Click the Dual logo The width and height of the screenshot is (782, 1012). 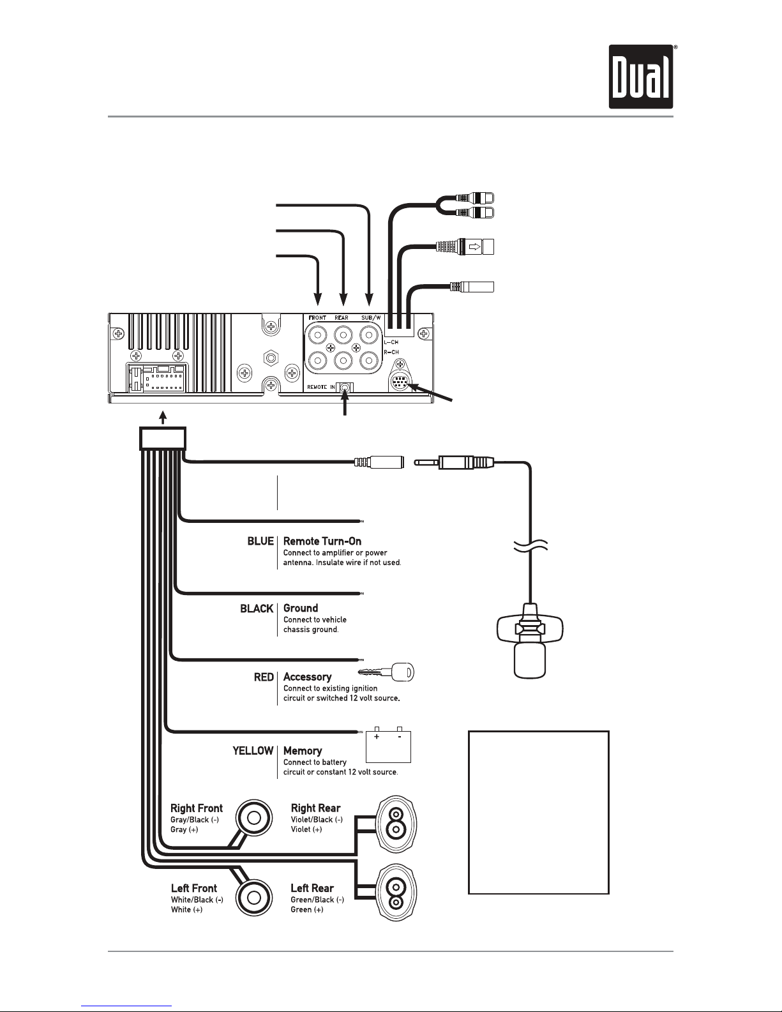click(641, 77)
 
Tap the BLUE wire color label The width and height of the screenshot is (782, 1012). click(260, 541)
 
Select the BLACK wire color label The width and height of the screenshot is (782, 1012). click(257, 608)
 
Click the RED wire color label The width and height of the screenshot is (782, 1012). click(264, 677)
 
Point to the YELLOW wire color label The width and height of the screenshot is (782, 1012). click(253, 751)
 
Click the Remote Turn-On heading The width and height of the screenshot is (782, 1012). click(322, 541)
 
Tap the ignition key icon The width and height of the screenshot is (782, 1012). click(386, 672)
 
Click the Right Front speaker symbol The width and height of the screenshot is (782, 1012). click(253, 819)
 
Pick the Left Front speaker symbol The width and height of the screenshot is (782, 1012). click(253, 898)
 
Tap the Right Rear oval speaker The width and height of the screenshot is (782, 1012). click(396, 824)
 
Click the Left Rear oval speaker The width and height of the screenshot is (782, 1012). click(396, 893)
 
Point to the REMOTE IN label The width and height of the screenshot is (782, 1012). click(320, 387)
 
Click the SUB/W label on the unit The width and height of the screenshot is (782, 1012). click(371, 317)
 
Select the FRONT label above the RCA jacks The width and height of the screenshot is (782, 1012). click(317, 317)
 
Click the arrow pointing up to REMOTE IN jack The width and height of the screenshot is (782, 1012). click(345, 404)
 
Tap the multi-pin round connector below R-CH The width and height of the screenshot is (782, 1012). click(400, 383)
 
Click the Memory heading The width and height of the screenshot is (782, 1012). click(303, 751)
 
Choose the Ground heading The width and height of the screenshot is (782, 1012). click(301, 608)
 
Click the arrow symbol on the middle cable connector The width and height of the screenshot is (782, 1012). click(475, 246)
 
